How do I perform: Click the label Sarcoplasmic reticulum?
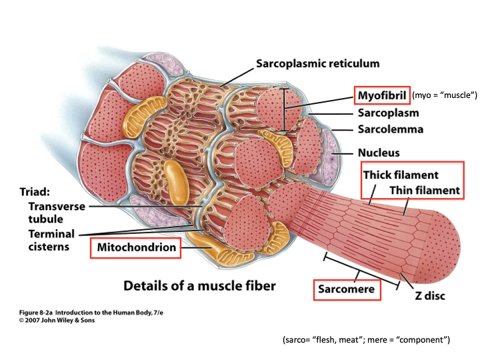click(317, 64)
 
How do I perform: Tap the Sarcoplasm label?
click(389, 113)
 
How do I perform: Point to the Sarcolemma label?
click(391, 129)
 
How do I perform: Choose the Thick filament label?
click(400, 175)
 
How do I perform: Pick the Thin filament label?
click(424, 191)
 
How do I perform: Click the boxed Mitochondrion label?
click(137, 248)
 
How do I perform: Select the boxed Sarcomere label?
click(345, 290)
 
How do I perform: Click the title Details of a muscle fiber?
click(199, 287)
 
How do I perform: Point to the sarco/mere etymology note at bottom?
click(367, 340)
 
